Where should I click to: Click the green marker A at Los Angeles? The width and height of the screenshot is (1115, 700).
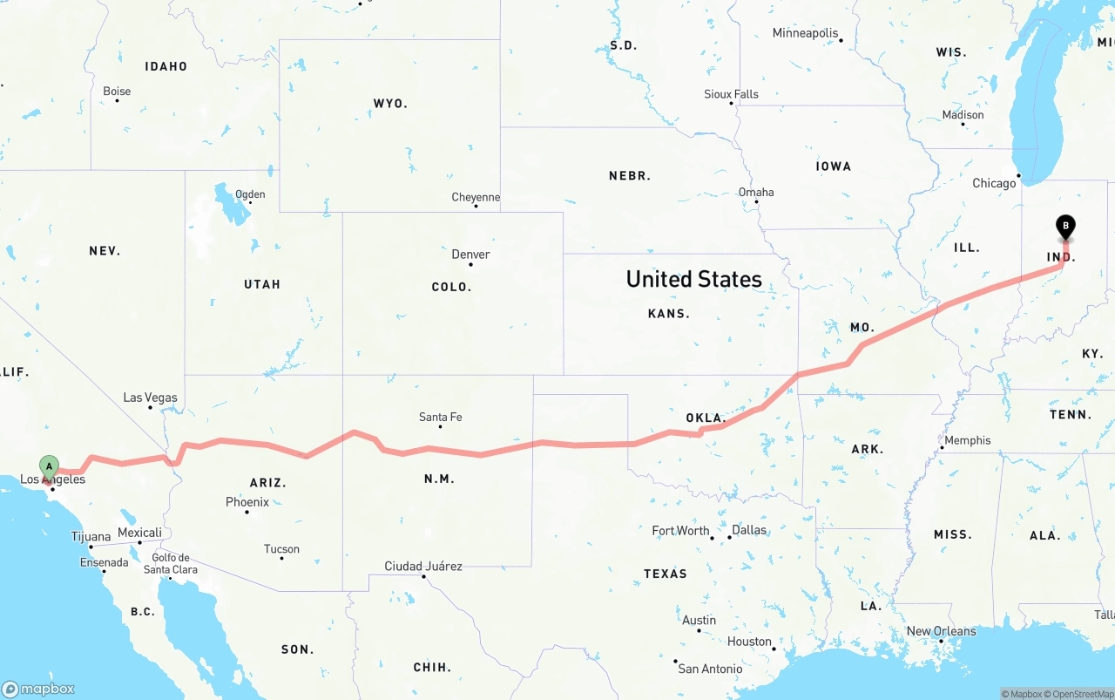(x=49, y=466)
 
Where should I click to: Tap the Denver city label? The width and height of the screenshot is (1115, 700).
(x=470, y=255)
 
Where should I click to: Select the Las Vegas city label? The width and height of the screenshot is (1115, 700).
(x=150, y=398)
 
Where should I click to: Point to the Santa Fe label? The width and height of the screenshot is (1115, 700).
(x=440, y=417)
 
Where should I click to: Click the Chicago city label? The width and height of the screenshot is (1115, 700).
(x=994, y=183)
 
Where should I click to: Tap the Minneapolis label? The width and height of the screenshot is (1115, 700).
(x=805, y=33)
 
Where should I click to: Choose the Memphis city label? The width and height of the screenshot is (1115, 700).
(x=967, y=440)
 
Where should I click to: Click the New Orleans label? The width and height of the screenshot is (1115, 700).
(x=941, y=631)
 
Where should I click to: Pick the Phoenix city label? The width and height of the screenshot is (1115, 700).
(x=247, y=502)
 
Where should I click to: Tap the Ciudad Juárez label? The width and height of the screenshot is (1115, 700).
(x=423, y=567)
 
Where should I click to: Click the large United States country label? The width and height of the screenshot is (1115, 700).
(x=693, y=279)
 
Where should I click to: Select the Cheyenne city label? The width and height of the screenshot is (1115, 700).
(x=476, y=197)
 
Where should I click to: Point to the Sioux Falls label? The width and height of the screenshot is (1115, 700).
(x=731, y=94)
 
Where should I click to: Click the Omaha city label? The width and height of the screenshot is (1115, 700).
(x=756, y=192)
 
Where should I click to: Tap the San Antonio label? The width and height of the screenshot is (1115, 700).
(x=710, y=669)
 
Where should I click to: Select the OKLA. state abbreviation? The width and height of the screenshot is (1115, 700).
(x=706, y=418)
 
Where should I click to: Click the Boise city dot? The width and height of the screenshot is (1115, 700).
(x=117, y=100)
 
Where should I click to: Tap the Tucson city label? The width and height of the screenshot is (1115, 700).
(x=281, y=549)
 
